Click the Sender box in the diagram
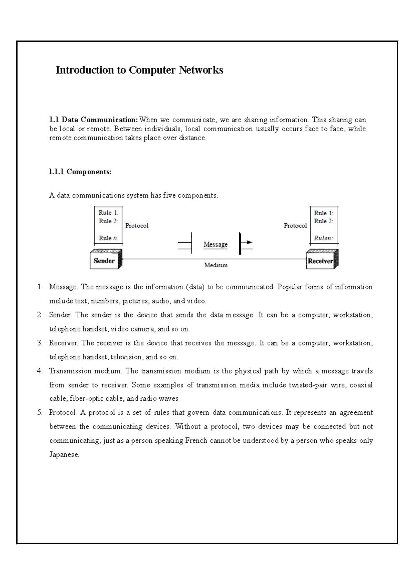104,261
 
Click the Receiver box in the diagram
321,261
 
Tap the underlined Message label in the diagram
216,244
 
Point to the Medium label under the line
216,265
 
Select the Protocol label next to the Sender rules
137,226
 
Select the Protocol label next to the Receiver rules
295,226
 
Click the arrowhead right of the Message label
249,242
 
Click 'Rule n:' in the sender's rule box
108,238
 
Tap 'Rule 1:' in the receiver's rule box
323,213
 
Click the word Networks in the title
201,70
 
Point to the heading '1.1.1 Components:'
80,172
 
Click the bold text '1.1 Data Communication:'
93,120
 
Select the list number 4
40,371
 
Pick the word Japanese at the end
64,454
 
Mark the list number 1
40,287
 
